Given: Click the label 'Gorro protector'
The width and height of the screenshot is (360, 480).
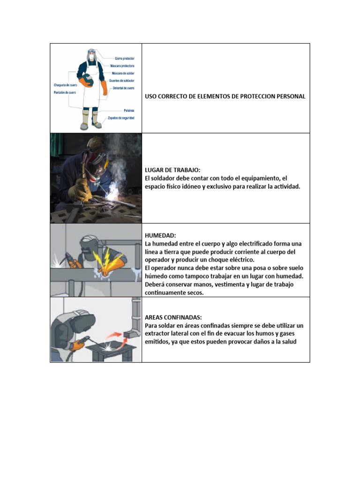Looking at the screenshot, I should click(125, 59).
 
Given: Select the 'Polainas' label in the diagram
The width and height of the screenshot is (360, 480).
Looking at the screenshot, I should click(129, 110).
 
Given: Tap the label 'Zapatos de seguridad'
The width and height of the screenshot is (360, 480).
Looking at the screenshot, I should click(121, 118).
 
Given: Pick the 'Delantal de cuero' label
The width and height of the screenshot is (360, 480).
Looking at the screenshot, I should click(124, 88).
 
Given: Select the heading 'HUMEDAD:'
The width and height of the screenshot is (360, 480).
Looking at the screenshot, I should click(159, 235).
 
